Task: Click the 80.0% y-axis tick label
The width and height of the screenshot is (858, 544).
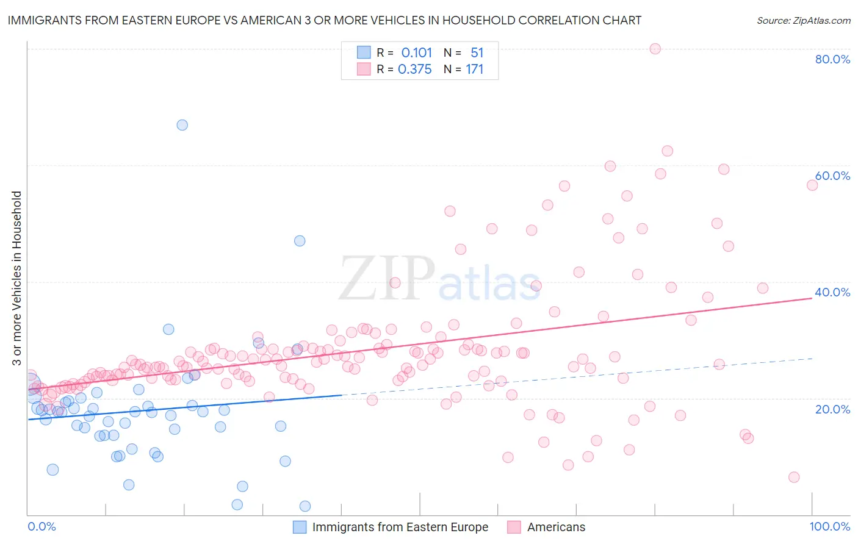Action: point(832,59)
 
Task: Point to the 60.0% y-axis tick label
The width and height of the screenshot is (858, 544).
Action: point(832,176)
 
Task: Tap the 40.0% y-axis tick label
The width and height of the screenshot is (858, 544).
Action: point(832,292)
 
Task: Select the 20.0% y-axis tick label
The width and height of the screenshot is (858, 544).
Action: point(832,409)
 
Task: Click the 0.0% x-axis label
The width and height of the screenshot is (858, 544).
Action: point(41,526)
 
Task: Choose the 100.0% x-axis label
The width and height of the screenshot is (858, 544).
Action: point(829,526)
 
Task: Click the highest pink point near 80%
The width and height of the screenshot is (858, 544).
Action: point(655,49)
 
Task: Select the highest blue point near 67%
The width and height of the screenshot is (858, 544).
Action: point(182,125)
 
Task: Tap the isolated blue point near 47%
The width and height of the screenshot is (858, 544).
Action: point(300,241)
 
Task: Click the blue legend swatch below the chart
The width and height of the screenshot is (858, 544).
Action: point(300,527)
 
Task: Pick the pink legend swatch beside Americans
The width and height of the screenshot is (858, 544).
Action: point(514,527)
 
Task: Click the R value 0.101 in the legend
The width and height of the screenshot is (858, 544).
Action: point(416,53)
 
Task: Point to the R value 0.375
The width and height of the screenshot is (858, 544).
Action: point(414,70)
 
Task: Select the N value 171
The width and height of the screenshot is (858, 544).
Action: point(474,70)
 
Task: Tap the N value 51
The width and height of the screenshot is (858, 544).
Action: point(477,53)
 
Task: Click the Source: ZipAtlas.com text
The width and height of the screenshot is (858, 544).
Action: point(803,21)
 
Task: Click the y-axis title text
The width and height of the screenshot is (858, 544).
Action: point(16,278)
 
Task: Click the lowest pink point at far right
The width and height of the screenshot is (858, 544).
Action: point(793,477)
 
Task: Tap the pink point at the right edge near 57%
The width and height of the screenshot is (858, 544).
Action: point(812,185)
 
